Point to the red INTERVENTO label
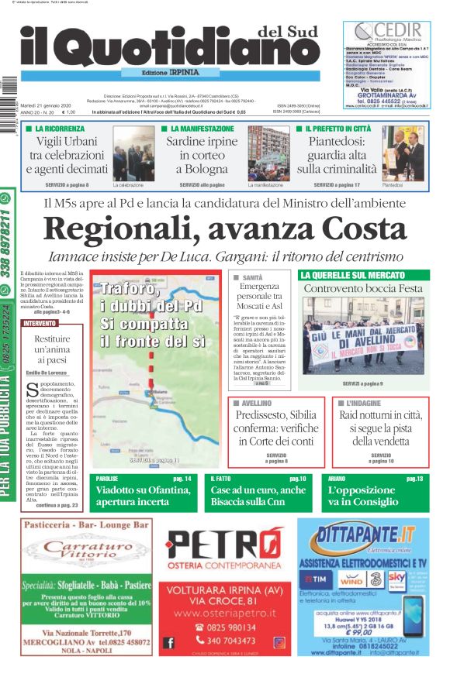40,323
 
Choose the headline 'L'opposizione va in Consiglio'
365,497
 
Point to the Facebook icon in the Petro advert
169,642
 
